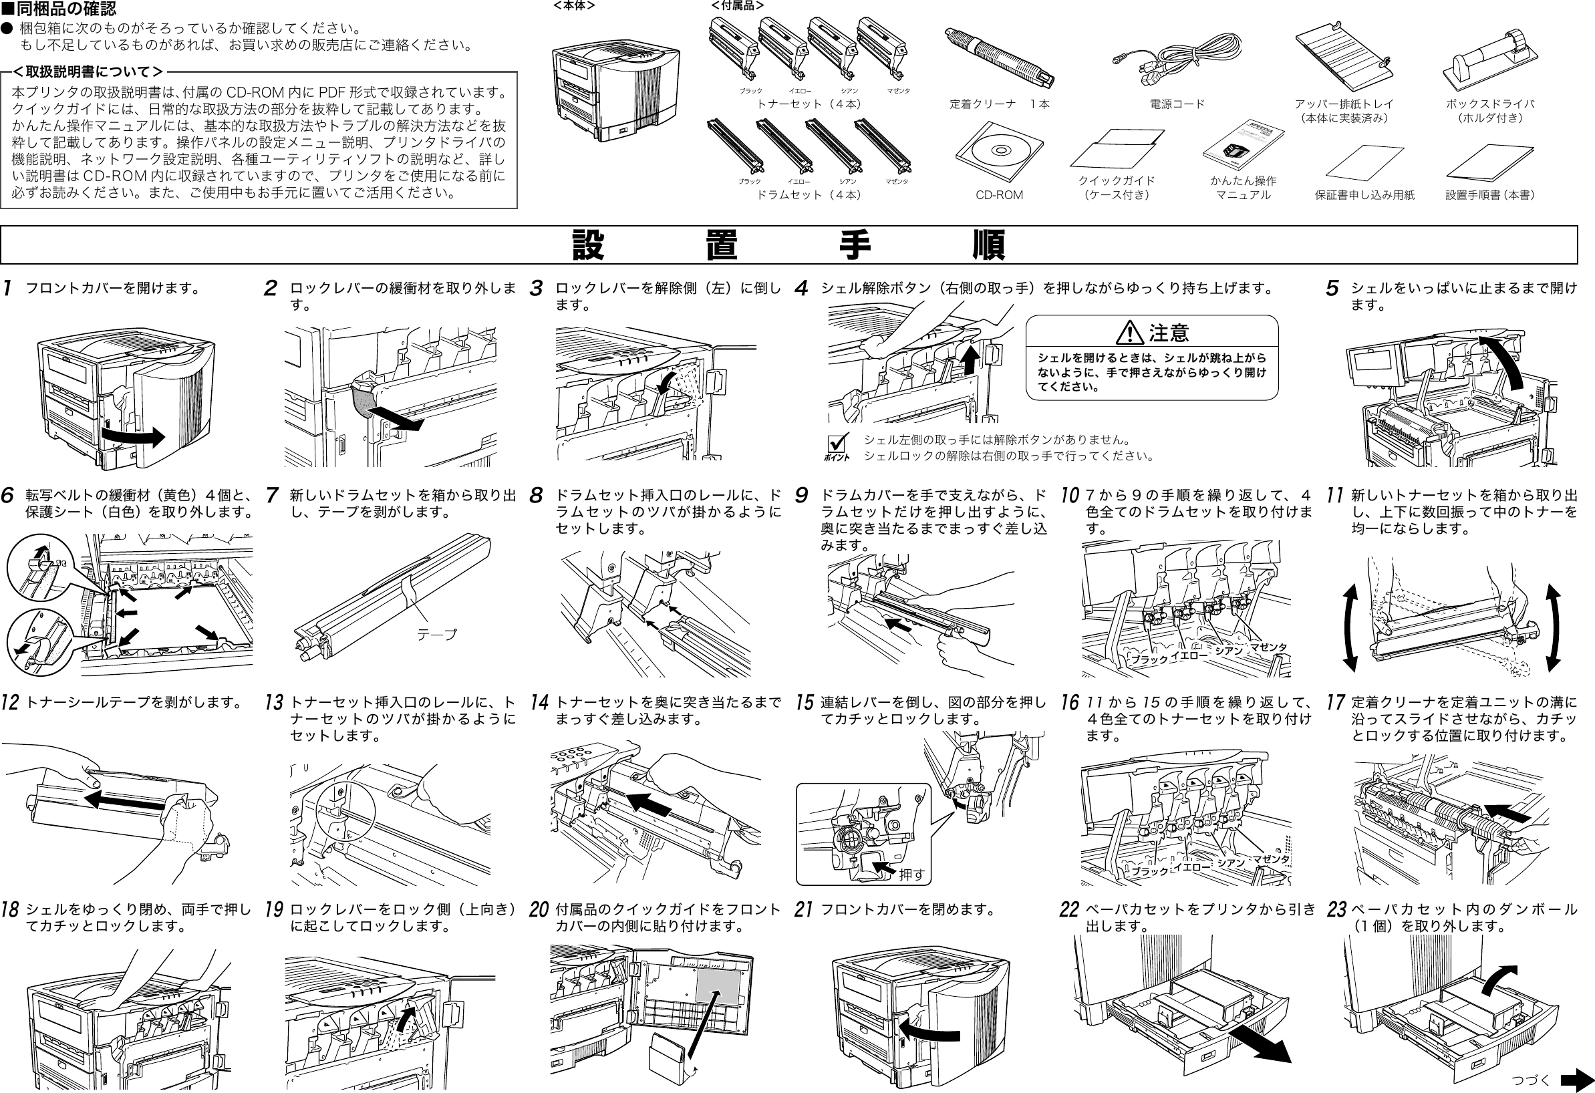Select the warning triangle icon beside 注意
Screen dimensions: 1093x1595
[1129, 333]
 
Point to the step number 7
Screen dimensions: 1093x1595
[272, 495]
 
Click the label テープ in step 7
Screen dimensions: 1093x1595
[436, 635]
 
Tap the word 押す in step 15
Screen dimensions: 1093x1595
[912, 874]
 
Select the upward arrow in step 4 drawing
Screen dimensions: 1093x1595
[970, 359]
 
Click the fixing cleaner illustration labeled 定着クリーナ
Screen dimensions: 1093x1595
[998, 58]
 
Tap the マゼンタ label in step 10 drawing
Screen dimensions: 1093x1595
[1268, 647]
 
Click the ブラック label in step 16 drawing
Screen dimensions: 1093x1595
[1149, 871]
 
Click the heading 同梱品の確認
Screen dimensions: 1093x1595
[65, 9]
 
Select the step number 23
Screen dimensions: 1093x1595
[1336, 910]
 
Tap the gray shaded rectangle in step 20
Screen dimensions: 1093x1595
[718, 989]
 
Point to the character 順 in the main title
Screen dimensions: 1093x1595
[989, 246]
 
